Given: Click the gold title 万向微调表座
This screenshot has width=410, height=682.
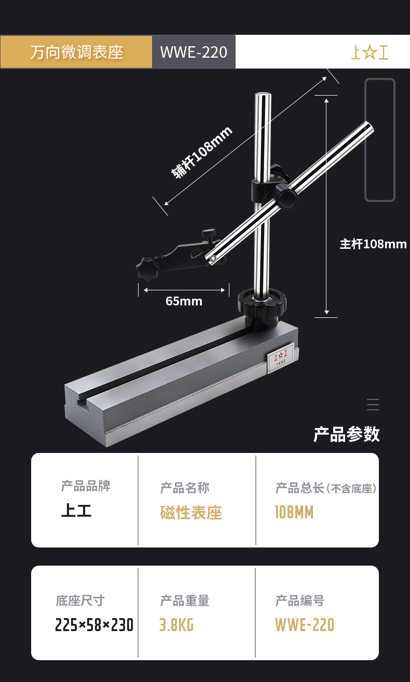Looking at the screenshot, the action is (x=76, y=52).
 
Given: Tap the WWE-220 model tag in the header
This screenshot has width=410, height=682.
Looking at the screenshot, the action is (x=194, y=52).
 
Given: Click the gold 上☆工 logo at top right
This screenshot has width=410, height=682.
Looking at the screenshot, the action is (x=370, y=52).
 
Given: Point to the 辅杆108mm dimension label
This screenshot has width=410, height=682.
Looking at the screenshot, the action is (x=202, y=152).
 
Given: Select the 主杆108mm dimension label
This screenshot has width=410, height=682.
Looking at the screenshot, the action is (x=373, y=244).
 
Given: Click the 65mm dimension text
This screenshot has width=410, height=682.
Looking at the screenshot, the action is (x=184, y=301).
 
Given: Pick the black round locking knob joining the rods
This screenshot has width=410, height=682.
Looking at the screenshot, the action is (x=286, y=197).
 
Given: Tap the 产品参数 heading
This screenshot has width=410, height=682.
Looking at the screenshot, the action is (x=347, y=434).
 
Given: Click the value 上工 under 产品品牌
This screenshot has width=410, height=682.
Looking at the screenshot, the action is (x=76, y=511).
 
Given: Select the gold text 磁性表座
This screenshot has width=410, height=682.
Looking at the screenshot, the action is (x=191, y=513).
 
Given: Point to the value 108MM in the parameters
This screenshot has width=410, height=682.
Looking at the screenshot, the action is (x=294, y=513).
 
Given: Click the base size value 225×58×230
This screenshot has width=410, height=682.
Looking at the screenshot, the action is (x=94, y=624).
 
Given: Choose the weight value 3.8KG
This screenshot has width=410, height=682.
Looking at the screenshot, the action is (x=176, y=624).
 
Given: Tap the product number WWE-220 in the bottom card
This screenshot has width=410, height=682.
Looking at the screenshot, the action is (x=305, y=624).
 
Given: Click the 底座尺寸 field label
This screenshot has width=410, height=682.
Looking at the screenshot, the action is (x=80, y=601).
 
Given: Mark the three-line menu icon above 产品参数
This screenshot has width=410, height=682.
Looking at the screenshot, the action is (x=373, y=405).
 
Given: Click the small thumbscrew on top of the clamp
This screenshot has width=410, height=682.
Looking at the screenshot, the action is (x=209, y=234).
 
